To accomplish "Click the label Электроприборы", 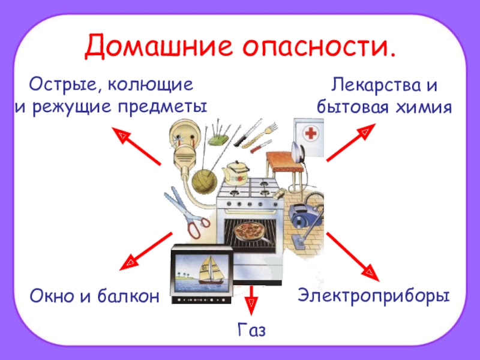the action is (374, 296).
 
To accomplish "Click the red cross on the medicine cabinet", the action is (310, 134).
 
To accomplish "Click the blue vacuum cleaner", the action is (302, 214).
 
